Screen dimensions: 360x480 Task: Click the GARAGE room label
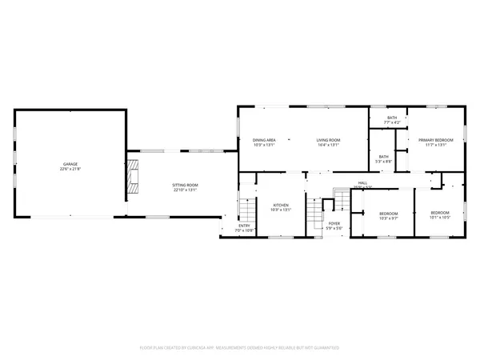click(x=70, y=164)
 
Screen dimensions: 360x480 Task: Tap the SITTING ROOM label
click(x=185, y=185)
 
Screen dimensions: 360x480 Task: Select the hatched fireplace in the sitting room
click(x=133, y=175)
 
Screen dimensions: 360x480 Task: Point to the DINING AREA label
click(x=264, y=140)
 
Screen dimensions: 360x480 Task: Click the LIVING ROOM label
click(x=328, y=140)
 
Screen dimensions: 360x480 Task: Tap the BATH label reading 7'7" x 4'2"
click(x=392, y=118)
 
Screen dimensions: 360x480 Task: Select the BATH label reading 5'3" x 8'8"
click(x=384, y=156)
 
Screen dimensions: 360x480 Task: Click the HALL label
click(x=362, y=183)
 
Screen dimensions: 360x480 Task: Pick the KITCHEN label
click(x=281, y=205)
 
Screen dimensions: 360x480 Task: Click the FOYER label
click(x=334, y=224)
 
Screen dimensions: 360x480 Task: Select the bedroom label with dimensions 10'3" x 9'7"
click(x=388, y=214)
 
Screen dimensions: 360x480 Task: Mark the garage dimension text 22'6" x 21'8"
click(x=70, y=170)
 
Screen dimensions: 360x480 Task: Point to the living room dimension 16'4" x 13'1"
click(x=328, y=146)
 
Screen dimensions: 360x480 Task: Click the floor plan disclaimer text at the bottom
click(x=240, y=348)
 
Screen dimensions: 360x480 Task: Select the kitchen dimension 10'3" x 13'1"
click(x=281, y=210)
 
